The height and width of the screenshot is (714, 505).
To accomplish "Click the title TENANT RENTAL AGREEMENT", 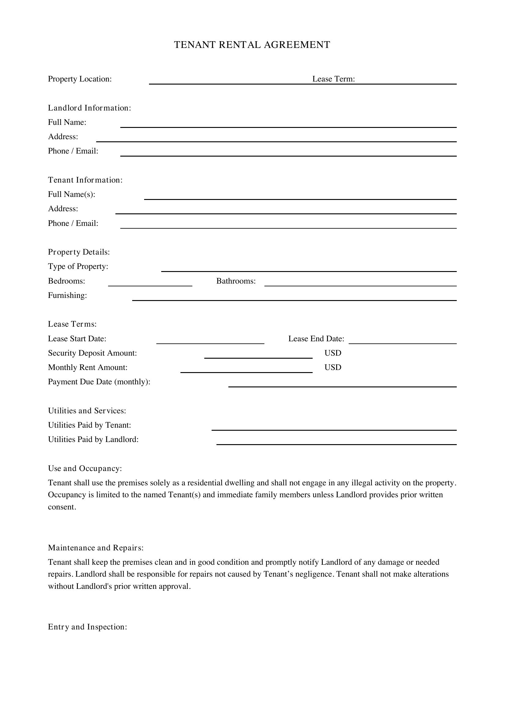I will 252,45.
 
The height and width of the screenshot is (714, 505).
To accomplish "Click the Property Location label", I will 80,79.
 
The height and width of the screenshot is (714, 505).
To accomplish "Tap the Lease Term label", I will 333,79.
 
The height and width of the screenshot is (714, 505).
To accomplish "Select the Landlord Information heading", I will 89,108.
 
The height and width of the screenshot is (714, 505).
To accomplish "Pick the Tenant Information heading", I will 85,180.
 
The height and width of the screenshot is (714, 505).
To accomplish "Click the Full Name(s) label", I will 71,194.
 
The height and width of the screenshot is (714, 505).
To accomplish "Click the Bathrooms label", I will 236,281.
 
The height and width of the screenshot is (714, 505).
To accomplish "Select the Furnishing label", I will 67,295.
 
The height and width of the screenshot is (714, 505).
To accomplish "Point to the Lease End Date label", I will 316,339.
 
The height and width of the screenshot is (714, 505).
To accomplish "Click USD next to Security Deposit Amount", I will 333,353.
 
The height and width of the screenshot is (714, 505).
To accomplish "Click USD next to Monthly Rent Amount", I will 333,367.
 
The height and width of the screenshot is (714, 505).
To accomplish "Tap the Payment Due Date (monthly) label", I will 99,382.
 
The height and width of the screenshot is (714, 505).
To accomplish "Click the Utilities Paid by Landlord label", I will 93,439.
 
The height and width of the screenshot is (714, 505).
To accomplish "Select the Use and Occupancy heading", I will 85,468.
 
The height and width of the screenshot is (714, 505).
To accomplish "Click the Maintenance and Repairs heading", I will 96,548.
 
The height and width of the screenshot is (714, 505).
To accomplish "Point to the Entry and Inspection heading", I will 87,627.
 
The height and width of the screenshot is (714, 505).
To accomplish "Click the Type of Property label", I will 78,266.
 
